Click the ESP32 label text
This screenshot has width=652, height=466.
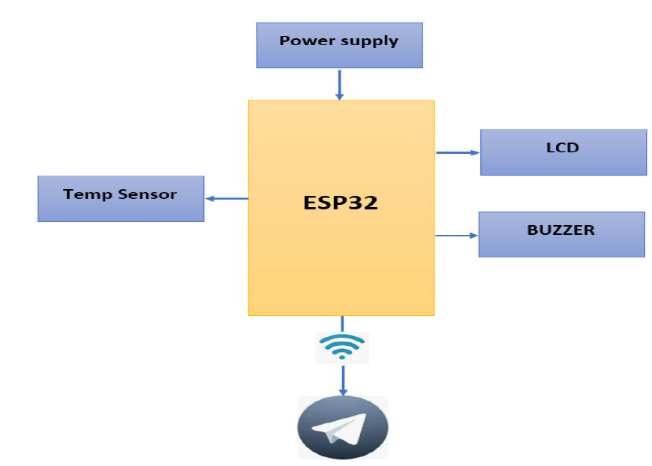pos(340,203)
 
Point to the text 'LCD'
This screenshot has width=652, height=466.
pos(562,148)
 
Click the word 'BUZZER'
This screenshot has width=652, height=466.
pos(560,230)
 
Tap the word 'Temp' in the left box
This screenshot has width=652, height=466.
pos(87,194)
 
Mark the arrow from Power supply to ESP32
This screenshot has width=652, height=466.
pos(340,84)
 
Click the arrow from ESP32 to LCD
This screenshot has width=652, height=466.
pos(457,152)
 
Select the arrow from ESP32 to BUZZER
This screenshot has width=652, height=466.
pos(456,236)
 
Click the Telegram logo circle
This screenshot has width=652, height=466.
pos(342,427)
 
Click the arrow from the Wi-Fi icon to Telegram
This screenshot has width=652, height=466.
pos(343,380)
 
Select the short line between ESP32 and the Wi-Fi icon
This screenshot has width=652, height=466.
pos(342,323)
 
